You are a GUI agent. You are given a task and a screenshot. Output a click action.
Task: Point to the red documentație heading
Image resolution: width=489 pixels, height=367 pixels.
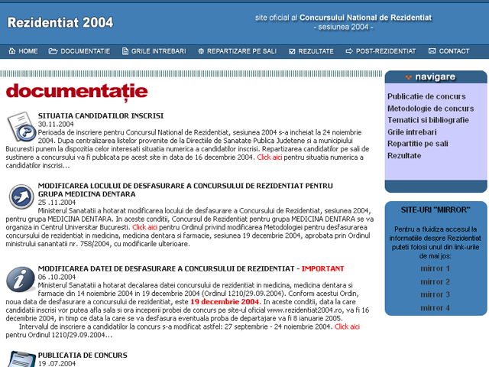pyautogui.click(x=76, y=91)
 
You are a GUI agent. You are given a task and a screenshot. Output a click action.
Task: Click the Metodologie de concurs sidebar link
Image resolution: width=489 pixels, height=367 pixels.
pyautogui.click(x=430, y=109)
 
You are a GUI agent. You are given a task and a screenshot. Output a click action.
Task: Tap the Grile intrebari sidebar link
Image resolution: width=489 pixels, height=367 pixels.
pyautogui.click(x=412, y=132)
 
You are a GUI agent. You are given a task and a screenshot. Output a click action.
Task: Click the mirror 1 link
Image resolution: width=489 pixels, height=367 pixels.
pyautogui.click(x=435, y=269)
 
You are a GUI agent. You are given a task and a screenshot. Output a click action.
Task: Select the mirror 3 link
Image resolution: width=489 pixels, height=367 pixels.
pyautogui.click(x=435, y=294)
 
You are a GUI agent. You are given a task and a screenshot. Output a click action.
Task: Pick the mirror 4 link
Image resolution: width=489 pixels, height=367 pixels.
pyautogui.click(x=435, y=307)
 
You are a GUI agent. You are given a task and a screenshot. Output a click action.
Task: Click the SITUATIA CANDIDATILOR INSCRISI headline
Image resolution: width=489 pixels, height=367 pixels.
pyautogui.click(x=100, y=115)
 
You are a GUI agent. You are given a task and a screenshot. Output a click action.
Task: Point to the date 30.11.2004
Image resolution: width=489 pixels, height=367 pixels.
pyautogui.click(x=56, y=124)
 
